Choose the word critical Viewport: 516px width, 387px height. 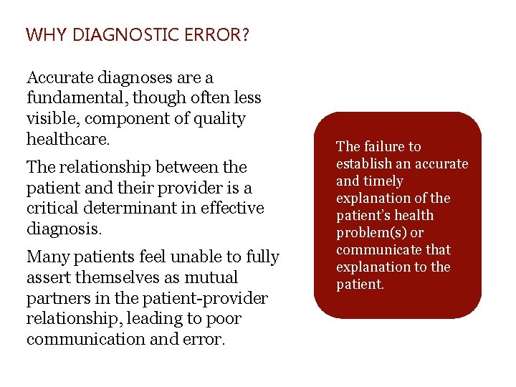52,209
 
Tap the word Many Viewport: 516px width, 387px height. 46,257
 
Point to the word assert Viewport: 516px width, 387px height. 47,277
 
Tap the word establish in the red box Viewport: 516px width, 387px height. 362,164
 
